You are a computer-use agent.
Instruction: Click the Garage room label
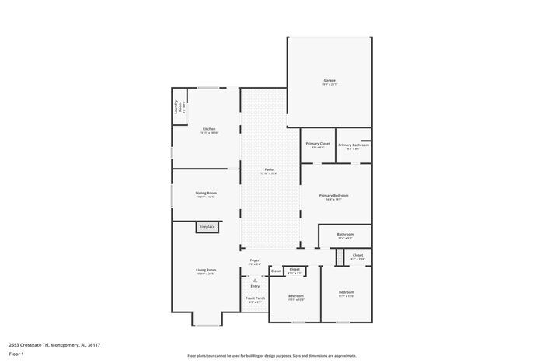(x=330, y=80)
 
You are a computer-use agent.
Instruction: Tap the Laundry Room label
(x=177, y=106)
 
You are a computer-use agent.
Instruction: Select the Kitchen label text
(x=209, y=128)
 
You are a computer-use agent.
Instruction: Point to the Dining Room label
(x=206, y=193)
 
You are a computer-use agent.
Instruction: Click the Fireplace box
(x=207, y=226)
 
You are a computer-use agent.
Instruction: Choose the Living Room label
(x=206, y=270)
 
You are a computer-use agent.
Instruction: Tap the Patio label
(x=269, y=169)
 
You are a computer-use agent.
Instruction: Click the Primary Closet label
(x=318, y=144)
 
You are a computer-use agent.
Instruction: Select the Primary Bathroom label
(x=354, y=144)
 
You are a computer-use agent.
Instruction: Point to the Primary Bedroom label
(x=333, y=195)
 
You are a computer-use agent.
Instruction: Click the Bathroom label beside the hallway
(x=345, y=234)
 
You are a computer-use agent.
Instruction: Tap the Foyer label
(x=254, y=260)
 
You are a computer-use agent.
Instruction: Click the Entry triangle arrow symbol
(x=254, y=281)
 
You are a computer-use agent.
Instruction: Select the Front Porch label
(x=254, y=298)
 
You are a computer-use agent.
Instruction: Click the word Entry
(x=254, y=286)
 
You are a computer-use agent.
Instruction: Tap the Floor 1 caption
(x=17, y=354)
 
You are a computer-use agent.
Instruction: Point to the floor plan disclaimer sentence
(x=271, y=354)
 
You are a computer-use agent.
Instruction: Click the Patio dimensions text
(x=269, y=173)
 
